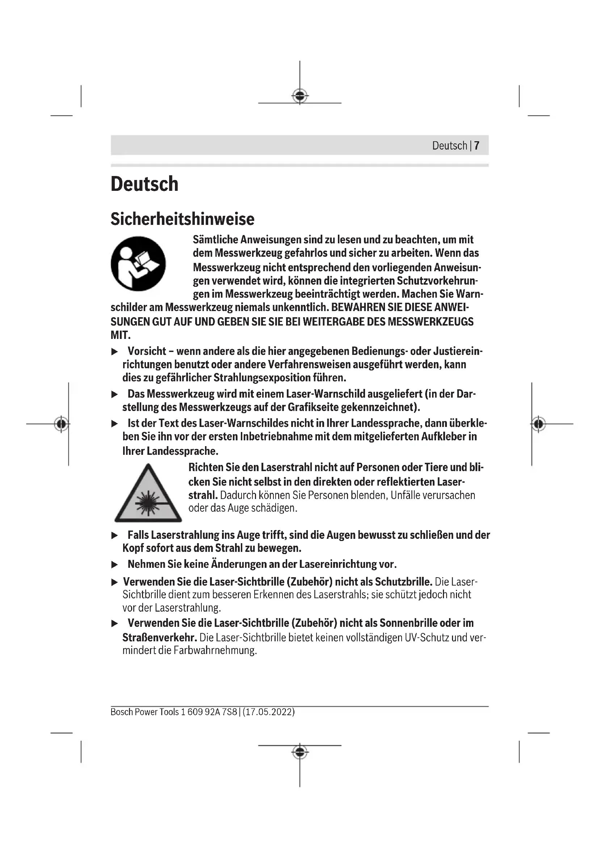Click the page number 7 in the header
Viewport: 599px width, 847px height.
[477, 146]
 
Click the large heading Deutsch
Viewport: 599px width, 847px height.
[144, 184]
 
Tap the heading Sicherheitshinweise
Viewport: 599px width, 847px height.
[182, 219]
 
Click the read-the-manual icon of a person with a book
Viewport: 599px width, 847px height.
[138, 263]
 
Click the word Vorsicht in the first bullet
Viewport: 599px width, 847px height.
[147, 351]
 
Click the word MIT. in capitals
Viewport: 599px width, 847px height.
[121, 335]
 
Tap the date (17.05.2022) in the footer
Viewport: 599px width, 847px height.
[269, 712]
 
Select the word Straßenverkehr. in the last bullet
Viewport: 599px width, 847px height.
[160, 637]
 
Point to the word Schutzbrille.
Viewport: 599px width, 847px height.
[403, 582]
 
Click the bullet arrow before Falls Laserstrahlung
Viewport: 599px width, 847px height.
[115, 535]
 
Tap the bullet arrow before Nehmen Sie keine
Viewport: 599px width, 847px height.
[115, 565]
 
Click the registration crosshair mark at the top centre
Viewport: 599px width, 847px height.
[300, 96]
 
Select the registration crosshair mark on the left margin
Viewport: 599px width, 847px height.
[62, 424]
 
